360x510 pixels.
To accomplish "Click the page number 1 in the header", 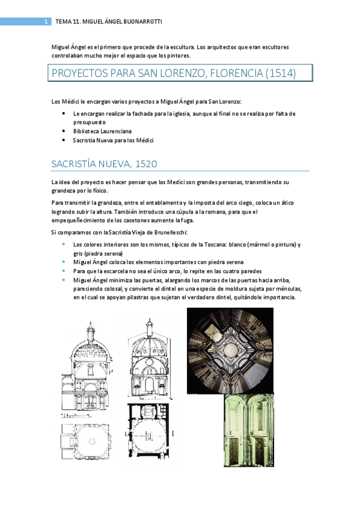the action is click(x=46, y=22).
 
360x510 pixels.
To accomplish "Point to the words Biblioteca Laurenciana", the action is click(x=99, y=130).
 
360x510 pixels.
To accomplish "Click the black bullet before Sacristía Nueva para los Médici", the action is click(x=64, y=140).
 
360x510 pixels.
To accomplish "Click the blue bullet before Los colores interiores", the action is click(x=64, y=245).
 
